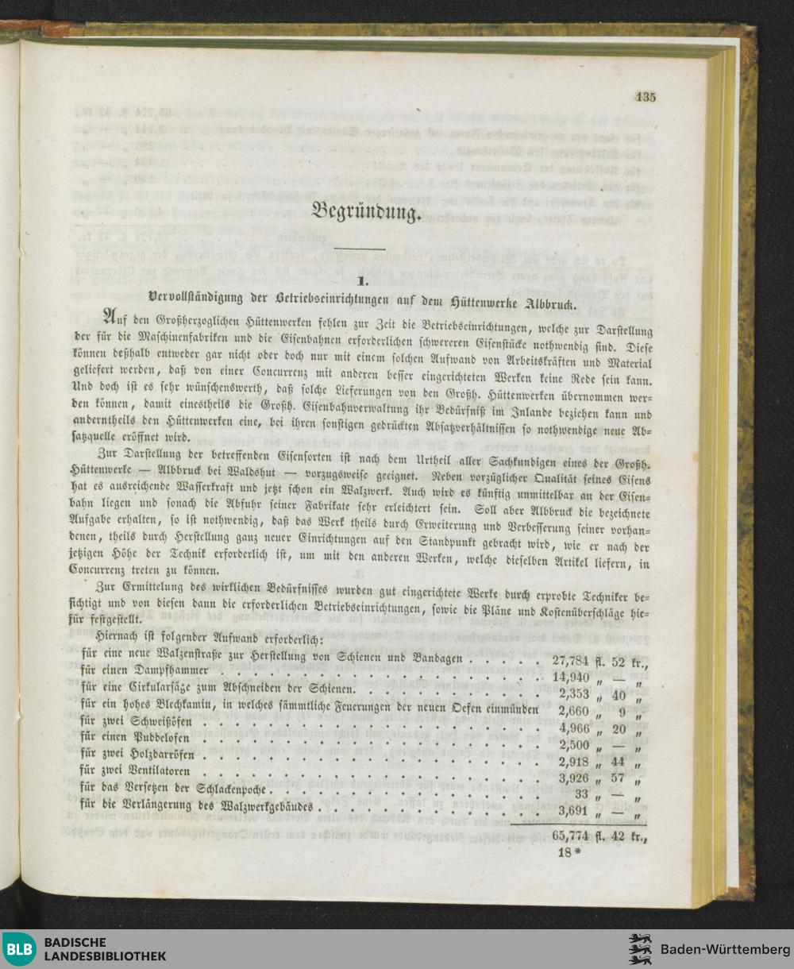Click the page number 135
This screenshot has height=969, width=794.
(646, 98)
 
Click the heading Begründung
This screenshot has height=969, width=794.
(364, 212)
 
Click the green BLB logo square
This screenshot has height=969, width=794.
(19, 949)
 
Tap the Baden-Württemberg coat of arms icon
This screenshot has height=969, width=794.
(639, 949)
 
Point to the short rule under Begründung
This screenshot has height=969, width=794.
(365, 249)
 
